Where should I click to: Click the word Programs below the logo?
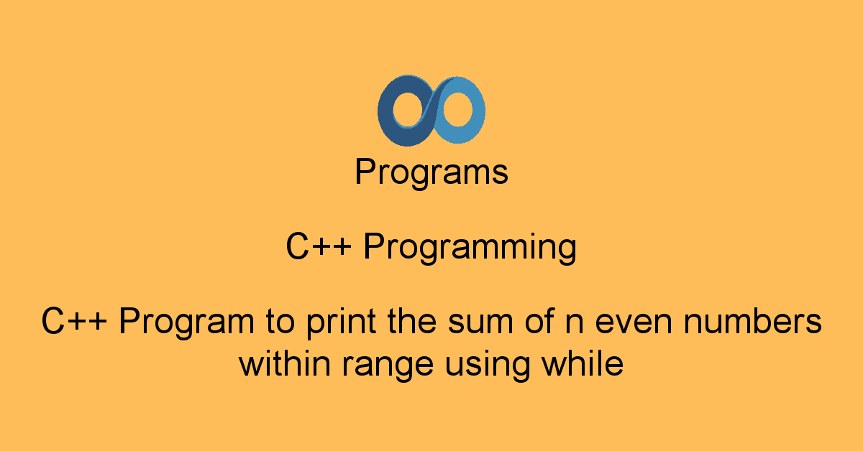click(431, 173)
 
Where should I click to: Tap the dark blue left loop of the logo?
click(385, 111)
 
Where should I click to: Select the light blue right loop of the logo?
click(478, 111)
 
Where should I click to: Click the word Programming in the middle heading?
click(470, 248)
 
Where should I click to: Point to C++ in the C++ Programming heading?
click(319, 246)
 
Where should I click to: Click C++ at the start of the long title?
click(74, 321)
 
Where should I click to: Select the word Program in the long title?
click(186, 323)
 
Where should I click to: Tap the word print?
click(342, 323)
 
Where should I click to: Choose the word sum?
click(480, 322)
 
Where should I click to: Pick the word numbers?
click(753, 321)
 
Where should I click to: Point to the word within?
click(285, 363)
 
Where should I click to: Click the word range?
click(388, 366)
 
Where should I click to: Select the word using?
click(488, 366)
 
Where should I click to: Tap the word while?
click(583, 363)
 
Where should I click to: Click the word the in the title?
click(412, 321)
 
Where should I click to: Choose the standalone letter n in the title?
click(575, 323)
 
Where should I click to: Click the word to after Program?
click(280, 322)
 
